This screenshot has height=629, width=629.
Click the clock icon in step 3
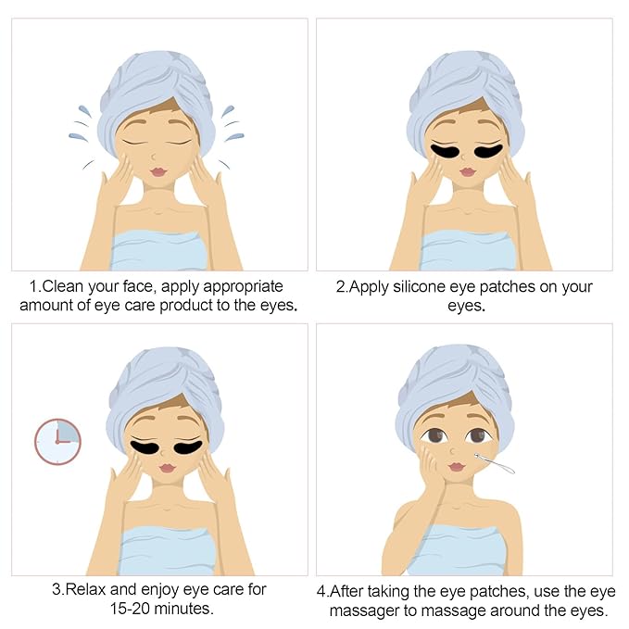coord(57,442)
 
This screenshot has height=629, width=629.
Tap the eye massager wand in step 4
coord(495,463)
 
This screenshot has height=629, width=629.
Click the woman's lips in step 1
coord(158,171)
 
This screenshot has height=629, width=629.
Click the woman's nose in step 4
coord(452,451)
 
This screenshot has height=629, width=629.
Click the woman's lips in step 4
coord(456,467)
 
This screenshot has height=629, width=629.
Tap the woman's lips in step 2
coord(467,171)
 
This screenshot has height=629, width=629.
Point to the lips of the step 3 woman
coord(167,468)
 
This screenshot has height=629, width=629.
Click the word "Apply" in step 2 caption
coord(369,287)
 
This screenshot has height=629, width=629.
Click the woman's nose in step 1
coord(153,156)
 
